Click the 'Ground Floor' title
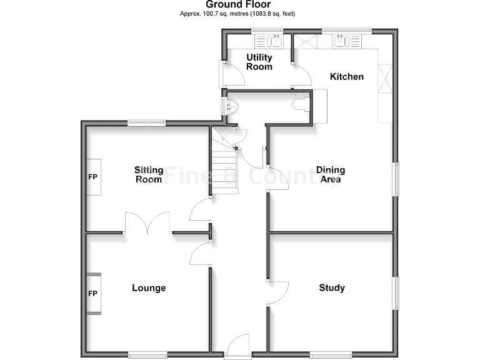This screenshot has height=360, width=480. click(239, 4)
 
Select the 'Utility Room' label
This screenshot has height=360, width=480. click(259, 62)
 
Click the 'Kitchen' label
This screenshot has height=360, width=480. click(347, 76)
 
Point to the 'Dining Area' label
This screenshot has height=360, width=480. click(331, 174)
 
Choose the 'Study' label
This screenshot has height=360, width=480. click(332, 287)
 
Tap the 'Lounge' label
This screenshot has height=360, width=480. click(149, 287)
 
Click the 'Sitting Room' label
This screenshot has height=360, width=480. click(149, 174)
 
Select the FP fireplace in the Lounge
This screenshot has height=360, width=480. click(93, 293)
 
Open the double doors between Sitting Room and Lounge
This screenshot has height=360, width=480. click(147, 224)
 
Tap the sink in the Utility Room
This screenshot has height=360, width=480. click(274, 41)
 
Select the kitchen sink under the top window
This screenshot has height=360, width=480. click(341, 41)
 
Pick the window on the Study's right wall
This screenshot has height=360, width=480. click(395, 292)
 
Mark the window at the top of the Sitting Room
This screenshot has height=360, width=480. click(147, 122)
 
